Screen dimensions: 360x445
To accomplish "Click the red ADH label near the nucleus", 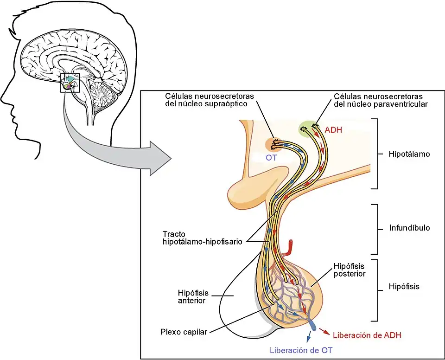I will (x=333, y=130).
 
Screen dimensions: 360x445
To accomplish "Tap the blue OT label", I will (x=271, y=158).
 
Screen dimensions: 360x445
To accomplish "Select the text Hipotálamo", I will (x=409, y=154).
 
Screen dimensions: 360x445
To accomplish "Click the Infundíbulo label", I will (x=410, y=228).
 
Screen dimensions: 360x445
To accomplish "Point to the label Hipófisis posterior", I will (x=350, y=270).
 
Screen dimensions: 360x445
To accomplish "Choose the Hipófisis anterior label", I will (x=193, y=296).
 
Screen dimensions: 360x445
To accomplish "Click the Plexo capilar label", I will (x=184, y=331).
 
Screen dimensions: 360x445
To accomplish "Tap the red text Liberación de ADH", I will (x=367, y=335).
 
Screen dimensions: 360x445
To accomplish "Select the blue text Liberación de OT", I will (x=301, y=350).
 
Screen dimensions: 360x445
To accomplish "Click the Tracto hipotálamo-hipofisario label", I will (x=203, y=238).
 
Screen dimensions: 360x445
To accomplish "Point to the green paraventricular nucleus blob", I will (x=308, y=127).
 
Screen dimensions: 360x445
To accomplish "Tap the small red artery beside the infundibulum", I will (x=290, y=248).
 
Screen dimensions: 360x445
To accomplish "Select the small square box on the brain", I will (x=70, y=83).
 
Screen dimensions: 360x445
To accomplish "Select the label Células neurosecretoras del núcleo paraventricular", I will (x=380, y=100).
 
